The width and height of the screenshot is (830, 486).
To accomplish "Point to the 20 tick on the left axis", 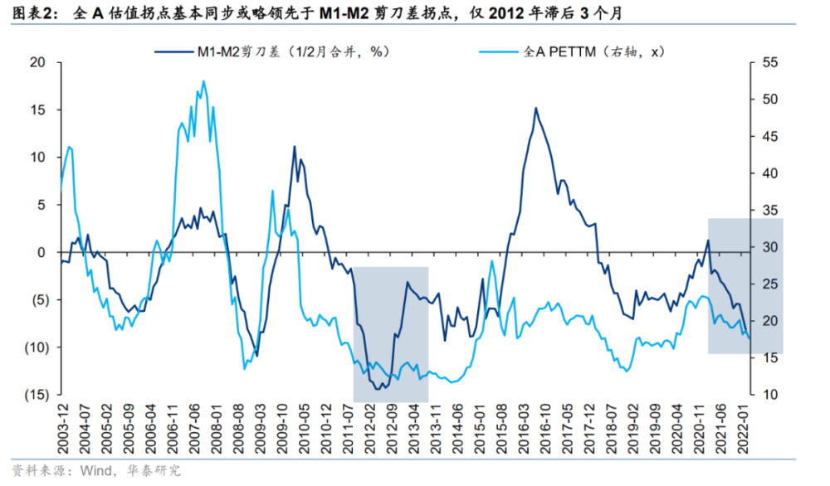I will pyautogui.click(x=36, y=63).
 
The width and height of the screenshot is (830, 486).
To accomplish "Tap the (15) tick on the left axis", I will pyautogui.click(x=32, y=394).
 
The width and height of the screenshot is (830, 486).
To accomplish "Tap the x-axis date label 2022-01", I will pyautogui.click(x=746, y=428).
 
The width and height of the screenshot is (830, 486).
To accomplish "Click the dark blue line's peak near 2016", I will pyautogui.click(x=535, y=108).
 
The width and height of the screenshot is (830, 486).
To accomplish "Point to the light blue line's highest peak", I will pyautogui.click(x=203, y=80).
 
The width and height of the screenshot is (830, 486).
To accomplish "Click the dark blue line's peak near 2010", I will pyautogui.click(x=294, y=147).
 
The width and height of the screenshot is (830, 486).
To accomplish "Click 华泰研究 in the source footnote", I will pyautogui.click(x=154, y=471).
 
